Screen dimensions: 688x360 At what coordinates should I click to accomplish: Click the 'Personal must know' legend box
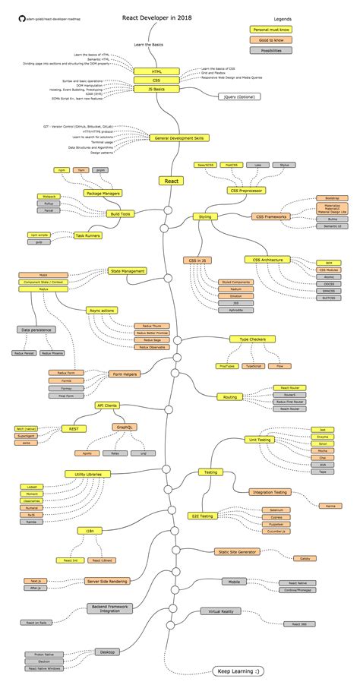270,29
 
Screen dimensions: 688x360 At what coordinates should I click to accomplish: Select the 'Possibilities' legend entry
270,50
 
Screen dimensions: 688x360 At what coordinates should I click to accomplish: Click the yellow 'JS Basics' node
156,89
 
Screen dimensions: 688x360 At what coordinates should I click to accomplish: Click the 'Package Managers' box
104,194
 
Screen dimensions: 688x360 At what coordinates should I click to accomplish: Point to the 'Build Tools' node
120,214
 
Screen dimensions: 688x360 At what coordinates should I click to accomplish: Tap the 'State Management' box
128,270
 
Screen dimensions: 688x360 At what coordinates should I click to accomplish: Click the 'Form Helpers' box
125,374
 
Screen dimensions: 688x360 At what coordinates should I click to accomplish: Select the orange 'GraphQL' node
125,428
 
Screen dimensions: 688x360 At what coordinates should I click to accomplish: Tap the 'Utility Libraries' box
88,474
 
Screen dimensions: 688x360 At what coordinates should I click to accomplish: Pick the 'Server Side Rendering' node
107,581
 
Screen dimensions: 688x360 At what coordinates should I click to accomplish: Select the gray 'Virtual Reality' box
220,611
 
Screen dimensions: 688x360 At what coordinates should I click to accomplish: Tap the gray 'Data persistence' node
36,330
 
